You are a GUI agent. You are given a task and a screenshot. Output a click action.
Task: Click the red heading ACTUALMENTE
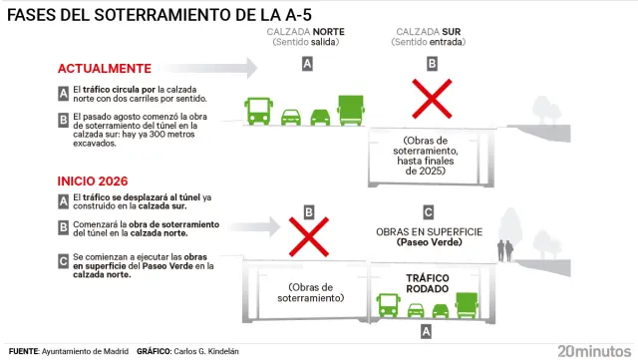(x=105, y=69)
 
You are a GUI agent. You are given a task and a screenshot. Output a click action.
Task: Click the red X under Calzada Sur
(x=432, y=101)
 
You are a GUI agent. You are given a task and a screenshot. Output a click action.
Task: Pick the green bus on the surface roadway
(x=259, y=110)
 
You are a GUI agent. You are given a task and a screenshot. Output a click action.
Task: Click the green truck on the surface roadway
(x=352, y=108)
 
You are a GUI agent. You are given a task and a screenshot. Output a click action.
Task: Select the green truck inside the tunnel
(x=467, y=304)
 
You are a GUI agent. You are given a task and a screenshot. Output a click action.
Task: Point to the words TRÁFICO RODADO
(x=428, y=283)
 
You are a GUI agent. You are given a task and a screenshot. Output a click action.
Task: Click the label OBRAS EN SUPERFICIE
(x=429, y=231)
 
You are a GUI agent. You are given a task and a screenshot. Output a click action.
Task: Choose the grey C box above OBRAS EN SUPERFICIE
(x=428, y=211)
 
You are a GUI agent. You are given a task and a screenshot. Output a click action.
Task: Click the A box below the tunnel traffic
(x=428, y=330)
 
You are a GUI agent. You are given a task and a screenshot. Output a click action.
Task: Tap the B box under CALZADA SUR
(x=432, y=64)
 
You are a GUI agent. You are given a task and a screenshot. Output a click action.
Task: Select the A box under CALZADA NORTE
(x=307, y=64)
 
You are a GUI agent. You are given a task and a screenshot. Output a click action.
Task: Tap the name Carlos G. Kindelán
(x=208, y=351)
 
